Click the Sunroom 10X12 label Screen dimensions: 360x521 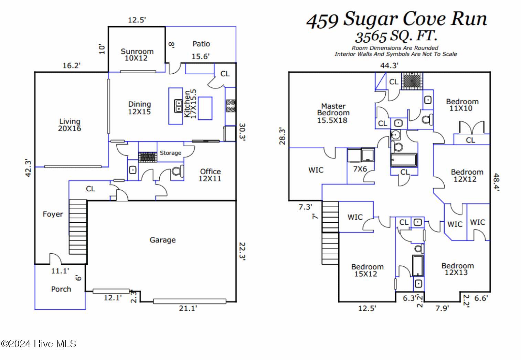[137, 55]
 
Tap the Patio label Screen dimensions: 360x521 [201, 44]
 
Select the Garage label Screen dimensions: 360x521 [162, 240]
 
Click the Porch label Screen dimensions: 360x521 [61, 289]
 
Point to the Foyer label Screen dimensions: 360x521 [53, 214]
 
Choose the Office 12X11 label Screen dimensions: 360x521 [210, 175]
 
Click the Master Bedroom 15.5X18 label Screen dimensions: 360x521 [333, 113]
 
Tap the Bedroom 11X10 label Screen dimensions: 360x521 [462, 105]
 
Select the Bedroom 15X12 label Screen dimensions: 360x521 [367, 270]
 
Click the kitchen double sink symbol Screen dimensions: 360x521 [178, 106]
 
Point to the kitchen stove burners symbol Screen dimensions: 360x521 [231, 106]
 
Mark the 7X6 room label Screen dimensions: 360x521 [360, 169]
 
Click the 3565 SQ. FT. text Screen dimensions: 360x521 [396, 36]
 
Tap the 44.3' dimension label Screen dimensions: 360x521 [389, 65]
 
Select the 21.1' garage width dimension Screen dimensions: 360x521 [188, 308]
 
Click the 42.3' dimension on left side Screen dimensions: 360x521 [29, 168]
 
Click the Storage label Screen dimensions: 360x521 [170, 153]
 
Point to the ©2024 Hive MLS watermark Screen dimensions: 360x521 [39, 344]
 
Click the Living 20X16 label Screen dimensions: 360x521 [70, 125]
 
